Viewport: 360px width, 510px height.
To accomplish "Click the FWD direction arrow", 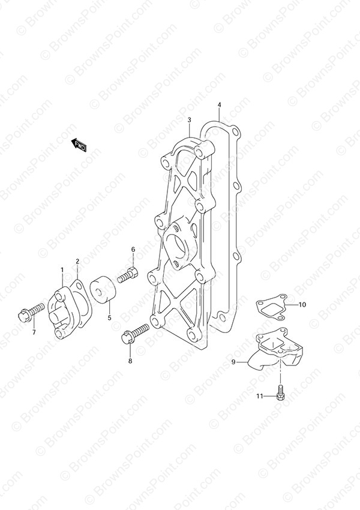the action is tap(79, 145).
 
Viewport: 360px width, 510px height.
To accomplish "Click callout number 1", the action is tap(62, 269).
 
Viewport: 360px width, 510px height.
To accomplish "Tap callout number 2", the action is tap(77, 261).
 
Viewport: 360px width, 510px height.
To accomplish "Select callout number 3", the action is tap(189, 121).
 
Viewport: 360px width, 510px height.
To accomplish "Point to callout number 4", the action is tap(219, 105).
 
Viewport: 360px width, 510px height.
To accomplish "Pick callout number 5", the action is tap(109, 317).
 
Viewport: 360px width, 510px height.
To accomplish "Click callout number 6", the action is tap(133, 250).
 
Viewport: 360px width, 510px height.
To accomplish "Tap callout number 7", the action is tap(34, 332).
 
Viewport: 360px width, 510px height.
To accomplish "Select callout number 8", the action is tap(130, 361).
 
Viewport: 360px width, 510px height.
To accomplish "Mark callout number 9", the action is tap(233, 362).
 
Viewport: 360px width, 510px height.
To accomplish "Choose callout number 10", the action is tap(302, 305).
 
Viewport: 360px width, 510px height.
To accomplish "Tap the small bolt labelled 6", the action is tap(127, 275).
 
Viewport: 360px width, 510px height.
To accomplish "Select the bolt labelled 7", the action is tap(31, 311).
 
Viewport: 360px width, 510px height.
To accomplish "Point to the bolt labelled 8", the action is tap(135, 333).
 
